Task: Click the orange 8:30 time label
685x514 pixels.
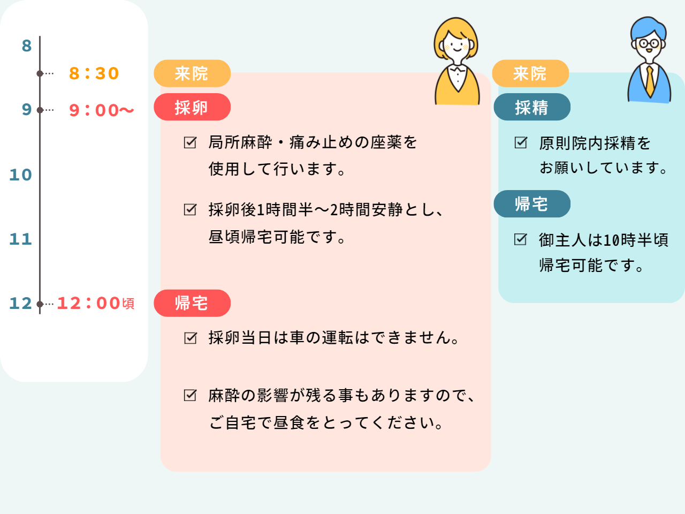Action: click(x=94, y=74)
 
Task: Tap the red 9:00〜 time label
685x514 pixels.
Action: click(x=102, y=110)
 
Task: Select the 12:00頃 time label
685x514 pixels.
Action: click(x=96, y=303)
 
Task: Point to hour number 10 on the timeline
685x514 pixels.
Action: click(x=20, y=175)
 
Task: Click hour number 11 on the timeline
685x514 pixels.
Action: click(x=20, y=239)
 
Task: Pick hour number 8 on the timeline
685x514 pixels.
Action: click(x=27, y=46)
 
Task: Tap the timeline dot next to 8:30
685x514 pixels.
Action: click(x=40, y=74)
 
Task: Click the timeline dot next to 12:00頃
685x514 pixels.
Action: click(x=40, y=304)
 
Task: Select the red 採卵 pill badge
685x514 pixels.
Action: click(x=192, y=107)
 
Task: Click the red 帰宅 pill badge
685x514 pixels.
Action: click(x=192, y=304)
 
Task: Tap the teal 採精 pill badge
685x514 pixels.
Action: click(x=532, y=107)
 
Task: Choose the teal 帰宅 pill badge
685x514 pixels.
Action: click(x=532, y=204)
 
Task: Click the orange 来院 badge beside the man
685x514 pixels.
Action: click(x=530, y=73)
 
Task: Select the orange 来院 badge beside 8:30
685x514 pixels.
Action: click(x=192, y=73)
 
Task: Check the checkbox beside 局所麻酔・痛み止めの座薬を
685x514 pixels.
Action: click(x=190, y=142)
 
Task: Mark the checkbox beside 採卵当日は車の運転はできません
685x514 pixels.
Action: click(x=191, y=338)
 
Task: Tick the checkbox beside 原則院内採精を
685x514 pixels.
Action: click(x=521, y=142)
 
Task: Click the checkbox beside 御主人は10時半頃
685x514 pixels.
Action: click(x=520, y=239)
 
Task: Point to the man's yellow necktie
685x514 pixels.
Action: click(x=650, y=81)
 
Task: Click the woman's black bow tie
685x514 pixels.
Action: click(x=458, y=69)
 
